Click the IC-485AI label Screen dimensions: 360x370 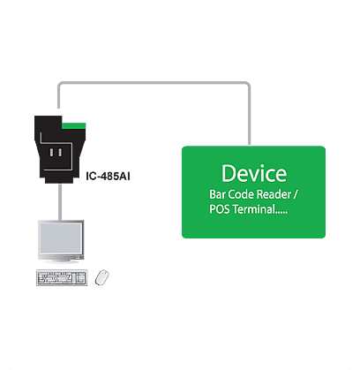coord(108,177)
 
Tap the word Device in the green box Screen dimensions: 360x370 coord(254,173)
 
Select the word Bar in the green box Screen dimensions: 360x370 coord(217,194)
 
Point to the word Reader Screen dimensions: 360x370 coord(274,194)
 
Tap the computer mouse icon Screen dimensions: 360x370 coord(101,277)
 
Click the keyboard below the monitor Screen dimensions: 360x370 coord(62,277)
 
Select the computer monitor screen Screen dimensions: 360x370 coord(61,238)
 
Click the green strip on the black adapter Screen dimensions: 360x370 coord(73,126)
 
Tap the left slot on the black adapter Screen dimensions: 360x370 coord(52,153)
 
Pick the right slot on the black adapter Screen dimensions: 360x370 coord(60,153)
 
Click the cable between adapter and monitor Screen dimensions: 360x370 coord(60,202)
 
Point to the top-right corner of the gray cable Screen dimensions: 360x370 coord(249,84)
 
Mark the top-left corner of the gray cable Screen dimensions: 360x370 coord(60,84)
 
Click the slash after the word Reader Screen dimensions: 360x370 coord(296,195)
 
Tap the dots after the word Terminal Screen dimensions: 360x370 coord(282,213)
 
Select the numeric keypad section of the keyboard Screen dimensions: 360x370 coord(80,277)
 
